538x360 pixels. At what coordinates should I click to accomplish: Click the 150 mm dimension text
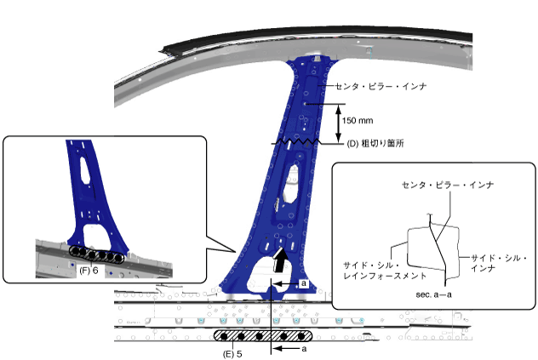(x=358, y=120)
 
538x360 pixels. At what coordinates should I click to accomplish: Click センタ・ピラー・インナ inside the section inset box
(x=437, y=184)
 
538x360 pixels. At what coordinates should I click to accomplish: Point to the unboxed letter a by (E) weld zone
(x=304, y=349)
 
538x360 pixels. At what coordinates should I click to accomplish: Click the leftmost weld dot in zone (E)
(x=226, y=335)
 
